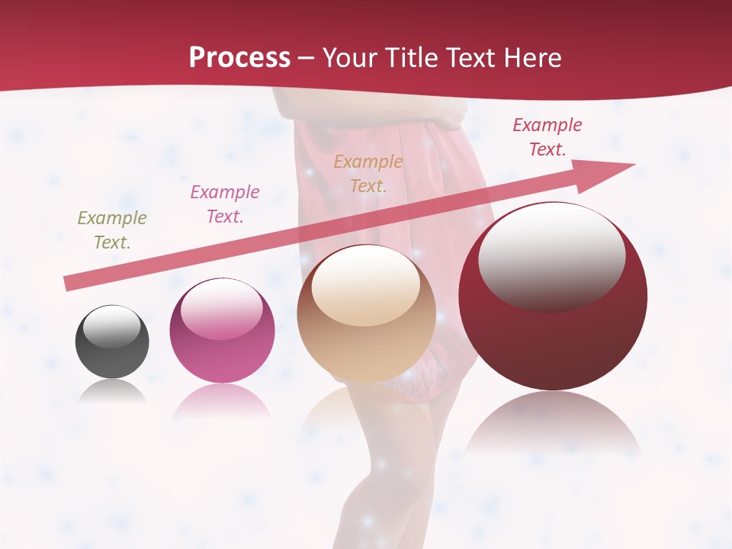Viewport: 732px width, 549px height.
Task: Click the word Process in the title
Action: point(239,57)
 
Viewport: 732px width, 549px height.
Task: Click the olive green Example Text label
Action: point(112,230)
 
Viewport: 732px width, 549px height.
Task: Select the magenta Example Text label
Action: point(225,204)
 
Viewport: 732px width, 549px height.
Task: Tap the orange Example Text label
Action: point(368,173)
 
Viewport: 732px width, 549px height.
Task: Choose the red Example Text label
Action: point(547,137)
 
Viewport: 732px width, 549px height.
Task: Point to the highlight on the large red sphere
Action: point(551,255)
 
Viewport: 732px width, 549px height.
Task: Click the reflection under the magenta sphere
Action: point(222,401)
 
